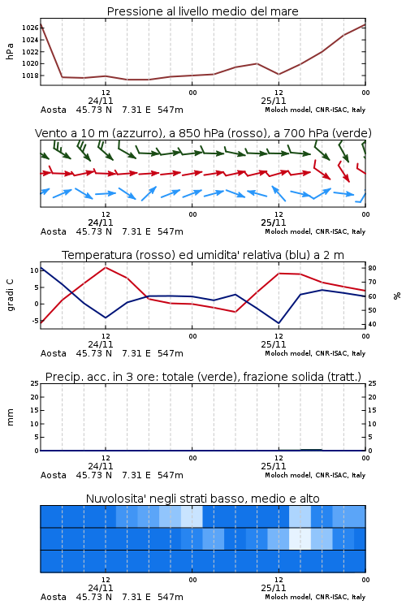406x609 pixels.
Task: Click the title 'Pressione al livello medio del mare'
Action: (x=202, y=11)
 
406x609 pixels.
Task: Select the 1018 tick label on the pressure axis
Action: (x=30, y=76)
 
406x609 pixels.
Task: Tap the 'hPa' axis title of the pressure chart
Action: (x=10, y=52)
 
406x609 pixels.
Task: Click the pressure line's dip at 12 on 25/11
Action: (x=279, y=74)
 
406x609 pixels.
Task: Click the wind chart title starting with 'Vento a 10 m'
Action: (x=203, y=133)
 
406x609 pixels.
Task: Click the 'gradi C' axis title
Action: (x=10, y=296)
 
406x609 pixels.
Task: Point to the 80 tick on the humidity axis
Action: (x=372, y=268)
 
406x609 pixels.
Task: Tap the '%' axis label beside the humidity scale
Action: (x=397, y=296)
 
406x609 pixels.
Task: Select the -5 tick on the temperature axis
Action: (x=35, y=321)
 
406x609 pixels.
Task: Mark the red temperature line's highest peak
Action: (x=106, y=267)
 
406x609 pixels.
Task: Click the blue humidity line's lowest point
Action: (x=279, y=323)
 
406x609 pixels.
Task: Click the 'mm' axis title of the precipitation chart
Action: (x=10, y=417)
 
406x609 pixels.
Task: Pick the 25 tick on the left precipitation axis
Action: (x=35, y=383)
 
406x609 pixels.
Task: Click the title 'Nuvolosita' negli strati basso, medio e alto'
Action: (x=202, y=499)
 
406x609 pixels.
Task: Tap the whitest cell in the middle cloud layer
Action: (x=300, y=538)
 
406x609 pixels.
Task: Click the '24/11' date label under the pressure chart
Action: (x=101, y=101)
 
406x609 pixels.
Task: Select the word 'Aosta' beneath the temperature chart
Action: (x=54, y=353)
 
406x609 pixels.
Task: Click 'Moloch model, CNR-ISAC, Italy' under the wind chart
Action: (x=315, y=231)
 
